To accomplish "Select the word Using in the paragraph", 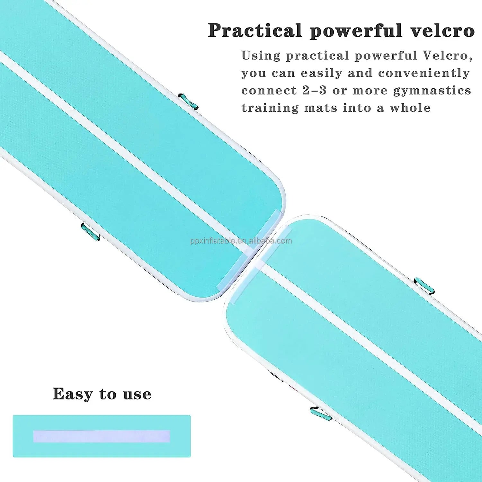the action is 261,56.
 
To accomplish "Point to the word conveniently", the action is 424,73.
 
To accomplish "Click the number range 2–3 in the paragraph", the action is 314,91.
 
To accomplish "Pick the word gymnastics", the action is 432,91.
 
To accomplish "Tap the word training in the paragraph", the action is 270,108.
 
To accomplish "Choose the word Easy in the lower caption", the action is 73,394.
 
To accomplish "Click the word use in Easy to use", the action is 137,395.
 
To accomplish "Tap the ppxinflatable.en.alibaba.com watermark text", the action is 241,241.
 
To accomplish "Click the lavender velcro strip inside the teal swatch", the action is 102,436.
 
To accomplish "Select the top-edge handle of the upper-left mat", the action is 188,101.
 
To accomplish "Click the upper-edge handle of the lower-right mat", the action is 424,285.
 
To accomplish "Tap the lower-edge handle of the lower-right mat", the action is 321,414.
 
